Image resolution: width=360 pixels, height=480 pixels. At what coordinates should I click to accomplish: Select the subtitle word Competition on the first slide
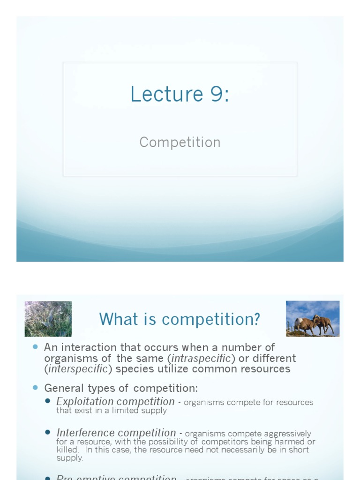[x=180, y=142]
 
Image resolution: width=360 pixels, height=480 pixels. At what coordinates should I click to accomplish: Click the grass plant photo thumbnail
[x=48, y=319]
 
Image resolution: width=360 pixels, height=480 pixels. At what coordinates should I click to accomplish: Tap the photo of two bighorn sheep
[x=313, y=319]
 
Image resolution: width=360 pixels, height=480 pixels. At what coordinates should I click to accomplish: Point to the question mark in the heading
[x=256, y=319]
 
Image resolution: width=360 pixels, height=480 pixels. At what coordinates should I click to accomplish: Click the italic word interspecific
[x=77, y=369]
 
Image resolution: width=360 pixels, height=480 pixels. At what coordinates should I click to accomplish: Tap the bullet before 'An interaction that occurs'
[x=35, y=347]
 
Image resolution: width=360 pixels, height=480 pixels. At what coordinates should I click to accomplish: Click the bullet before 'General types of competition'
[x=35, y=388]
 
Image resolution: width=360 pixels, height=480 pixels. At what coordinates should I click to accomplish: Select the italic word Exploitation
[x=85, y=402]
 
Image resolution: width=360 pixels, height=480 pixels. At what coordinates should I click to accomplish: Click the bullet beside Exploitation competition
[x=48, y=401]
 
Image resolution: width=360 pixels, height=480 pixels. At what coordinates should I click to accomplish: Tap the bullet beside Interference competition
[x=48, y=432]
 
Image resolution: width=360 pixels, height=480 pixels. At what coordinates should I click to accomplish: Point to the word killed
[x=68, y=450]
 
